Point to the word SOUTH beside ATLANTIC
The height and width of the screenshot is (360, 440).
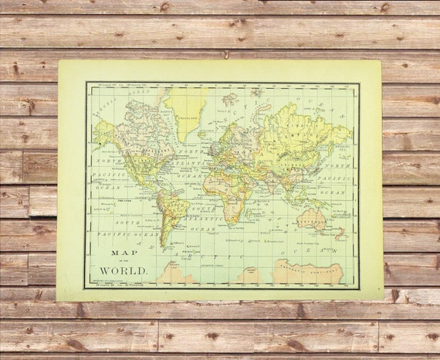(202, 208)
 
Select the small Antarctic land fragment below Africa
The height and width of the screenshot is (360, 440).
(248, 275)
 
